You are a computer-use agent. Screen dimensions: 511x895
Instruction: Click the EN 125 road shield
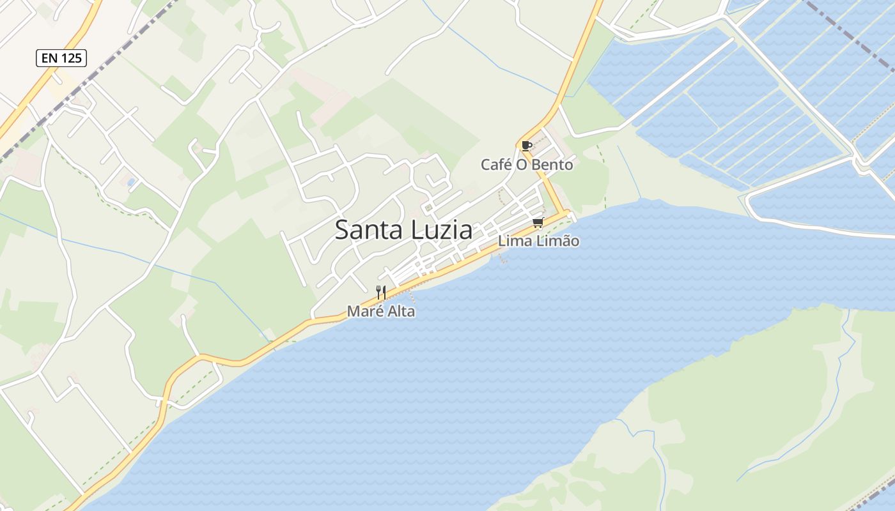pyautogui.click(x=61, y=58)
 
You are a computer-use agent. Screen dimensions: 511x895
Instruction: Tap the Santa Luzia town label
pyautogui.click(x=403, y=230)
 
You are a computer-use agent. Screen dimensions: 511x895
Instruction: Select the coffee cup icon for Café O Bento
pyautogui.click(x=526, y=146)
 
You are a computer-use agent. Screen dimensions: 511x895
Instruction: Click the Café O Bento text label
pyautogui.click(x=527, y=165)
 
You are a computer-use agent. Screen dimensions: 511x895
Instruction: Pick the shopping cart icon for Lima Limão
pyautogui.click(x=538, y=223)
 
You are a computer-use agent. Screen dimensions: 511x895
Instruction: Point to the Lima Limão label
pyautogui.click(x=538, y=241)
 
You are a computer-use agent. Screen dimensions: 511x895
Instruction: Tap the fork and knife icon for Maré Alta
pyautogui.click(x=381, y=293)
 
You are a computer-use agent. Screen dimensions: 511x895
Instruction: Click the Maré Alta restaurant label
pyautogui.click(x=381, y=312)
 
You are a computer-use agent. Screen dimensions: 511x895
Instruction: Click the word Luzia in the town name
pyautogui.click(x=442, y=230)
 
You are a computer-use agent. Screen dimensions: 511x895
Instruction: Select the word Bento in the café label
pyautogui.click(x=554, y=165)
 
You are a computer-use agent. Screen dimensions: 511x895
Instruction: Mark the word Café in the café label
pyautogui.click(x=496, y=165)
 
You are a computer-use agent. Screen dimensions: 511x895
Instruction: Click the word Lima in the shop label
pyautogui.click(x=513, y=241)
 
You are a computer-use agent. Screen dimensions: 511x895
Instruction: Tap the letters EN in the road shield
pyautogui.click(x=49, y=58)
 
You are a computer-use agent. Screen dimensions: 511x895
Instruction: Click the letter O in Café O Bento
pyautogui.click(x=522, y=165)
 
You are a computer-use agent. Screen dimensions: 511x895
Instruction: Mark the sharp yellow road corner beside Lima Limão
pyautogui.click(x=565, y=213)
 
